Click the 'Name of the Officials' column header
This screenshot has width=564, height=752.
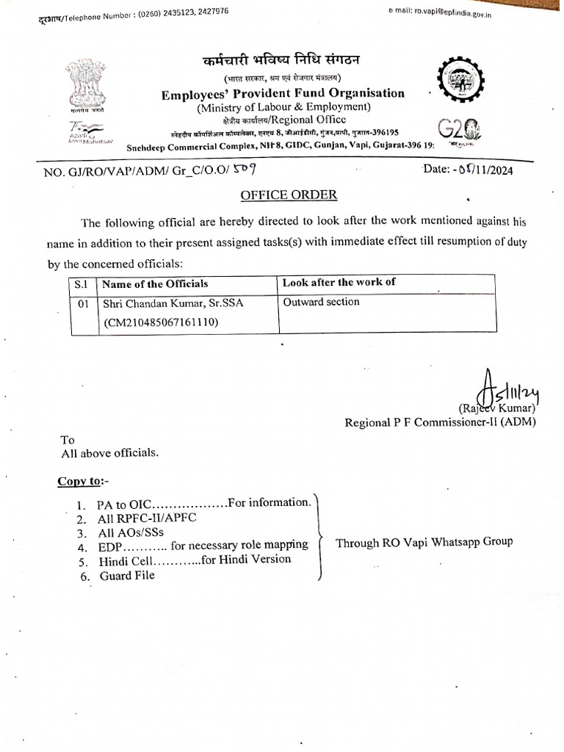(x=155, y=283)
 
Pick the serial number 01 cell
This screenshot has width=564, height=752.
(x=83, y=303)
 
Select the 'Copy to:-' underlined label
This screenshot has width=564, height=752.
(x=82, y=481)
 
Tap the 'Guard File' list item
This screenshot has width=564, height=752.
(x=127, y=576)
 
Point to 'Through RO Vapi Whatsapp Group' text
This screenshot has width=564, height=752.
(x=424, y=543)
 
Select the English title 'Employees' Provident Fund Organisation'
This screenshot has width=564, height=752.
(x=283, y=93)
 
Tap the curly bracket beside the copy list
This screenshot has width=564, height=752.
(x=321, y=538)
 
